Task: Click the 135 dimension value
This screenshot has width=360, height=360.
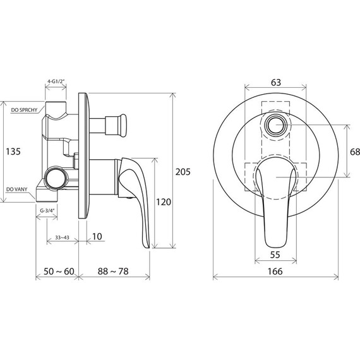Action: coord(13,152)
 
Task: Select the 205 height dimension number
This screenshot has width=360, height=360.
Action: coord(183,172)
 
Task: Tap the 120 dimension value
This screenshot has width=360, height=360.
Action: coord(164,202)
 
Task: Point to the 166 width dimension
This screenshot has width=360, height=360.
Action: coord(275,272)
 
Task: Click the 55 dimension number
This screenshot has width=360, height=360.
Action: coord(275,255)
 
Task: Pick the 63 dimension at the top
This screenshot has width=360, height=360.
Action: coord(276,83)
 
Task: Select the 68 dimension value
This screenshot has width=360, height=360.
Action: coord(355,152)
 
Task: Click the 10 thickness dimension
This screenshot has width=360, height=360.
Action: coord(97,236)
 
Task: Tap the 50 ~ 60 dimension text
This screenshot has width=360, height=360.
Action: coord(59,272)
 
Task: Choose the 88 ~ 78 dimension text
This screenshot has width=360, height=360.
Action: coord(113,272)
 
